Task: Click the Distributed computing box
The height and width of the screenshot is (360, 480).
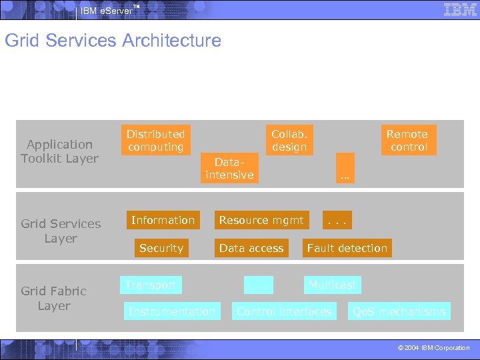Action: (x=156, y=141)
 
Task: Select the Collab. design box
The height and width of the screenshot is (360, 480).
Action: (x=289, y=141)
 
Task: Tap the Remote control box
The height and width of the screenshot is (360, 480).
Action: (x=408, y=141)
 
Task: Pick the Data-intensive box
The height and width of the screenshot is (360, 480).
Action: (x=229, y=169)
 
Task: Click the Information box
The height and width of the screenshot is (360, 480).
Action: (x=163, y=220)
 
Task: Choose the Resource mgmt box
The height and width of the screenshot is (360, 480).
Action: (x=261, y=220)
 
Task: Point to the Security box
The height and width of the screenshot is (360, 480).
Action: (x=161, y=248)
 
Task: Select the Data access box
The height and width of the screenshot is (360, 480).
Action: (x=251, y=248)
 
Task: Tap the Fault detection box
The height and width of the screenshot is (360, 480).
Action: (x=347, y=248)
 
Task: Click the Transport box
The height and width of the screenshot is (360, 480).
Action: (x=151, y=285)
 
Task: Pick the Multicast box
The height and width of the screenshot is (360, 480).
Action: (x=332, y=285)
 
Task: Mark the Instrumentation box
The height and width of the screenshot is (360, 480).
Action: (x=172, y=311)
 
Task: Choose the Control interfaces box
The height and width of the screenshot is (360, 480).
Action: (x=284, y=311)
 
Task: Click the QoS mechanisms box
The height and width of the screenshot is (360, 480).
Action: (x=399, y=311)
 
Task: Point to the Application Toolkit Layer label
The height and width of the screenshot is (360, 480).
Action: (x=59, y=151)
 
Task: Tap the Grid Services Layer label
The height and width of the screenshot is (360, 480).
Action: (x=61, y=231)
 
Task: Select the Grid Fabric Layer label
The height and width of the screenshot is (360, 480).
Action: (x=53, y=298)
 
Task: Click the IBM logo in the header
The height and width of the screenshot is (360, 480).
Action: (x=460, y=9)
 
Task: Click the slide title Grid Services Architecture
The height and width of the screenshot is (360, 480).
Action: (x=113, y=41)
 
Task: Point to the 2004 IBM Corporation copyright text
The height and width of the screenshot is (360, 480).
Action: (x=434, y=348)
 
